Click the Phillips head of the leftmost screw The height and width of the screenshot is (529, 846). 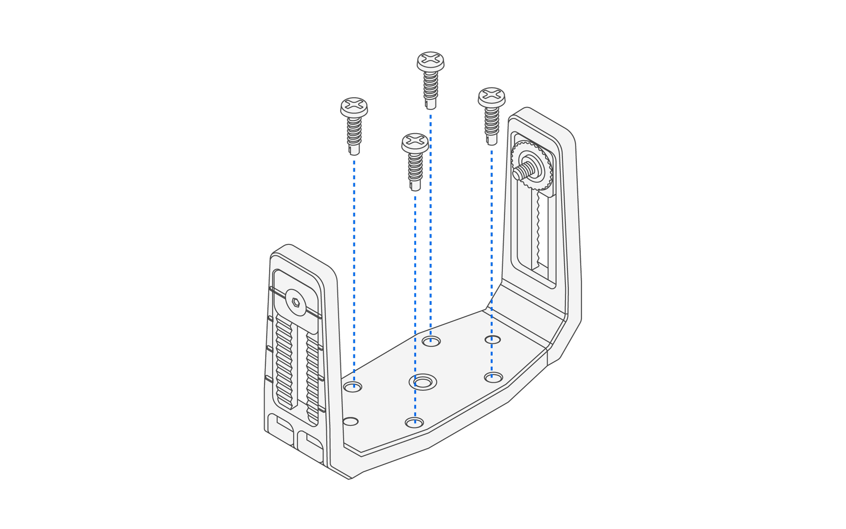tap(354, 105)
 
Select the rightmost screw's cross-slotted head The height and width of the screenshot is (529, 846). tap(491, 95)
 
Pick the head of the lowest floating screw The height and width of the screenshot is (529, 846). tap(415, 141)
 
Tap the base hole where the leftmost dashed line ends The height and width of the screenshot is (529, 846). tap(353, 386)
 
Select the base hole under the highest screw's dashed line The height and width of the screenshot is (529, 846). tap(431, 341)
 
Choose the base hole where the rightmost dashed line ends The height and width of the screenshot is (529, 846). tap(493, 377)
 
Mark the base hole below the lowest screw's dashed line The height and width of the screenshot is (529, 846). tap(414, 422)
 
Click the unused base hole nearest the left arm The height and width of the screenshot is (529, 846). tap(350, 421)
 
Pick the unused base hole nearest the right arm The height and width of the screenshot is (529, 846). tap(492, 340)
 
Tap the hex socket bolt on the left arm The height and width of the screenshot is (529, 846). tap(296, 302)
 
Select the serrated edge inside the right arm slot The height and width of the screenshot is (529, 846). tap(538, 228)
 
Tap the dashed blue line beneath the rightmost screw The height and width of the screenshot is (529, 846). tap(492, 254)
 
